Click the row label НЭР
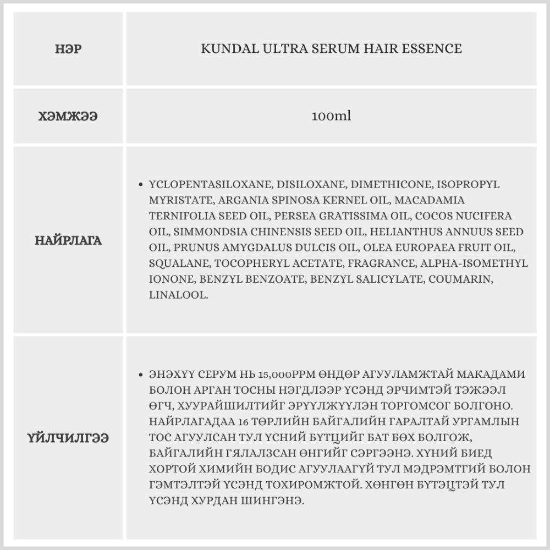(x=68, y=49)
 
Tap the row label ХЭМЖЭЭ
(x=68, y=117)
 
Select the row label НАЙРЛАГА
(x=68, y=240)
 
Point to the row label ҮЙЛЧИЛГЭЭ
(x=68, y=438)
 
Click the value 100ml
(x=331, y=117)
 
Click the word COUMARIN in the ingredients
(x=461, y=279)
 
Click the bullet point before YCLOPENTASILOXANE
(x=142, y=185)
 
